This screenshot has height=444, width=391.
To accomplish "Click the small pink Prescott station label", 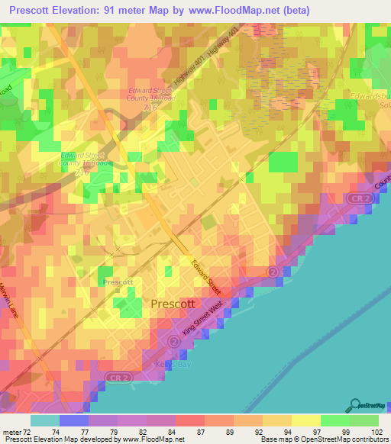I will click(118, 282).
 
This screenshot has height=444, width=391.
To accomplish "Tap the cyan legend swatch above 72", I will click(44, 420).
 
